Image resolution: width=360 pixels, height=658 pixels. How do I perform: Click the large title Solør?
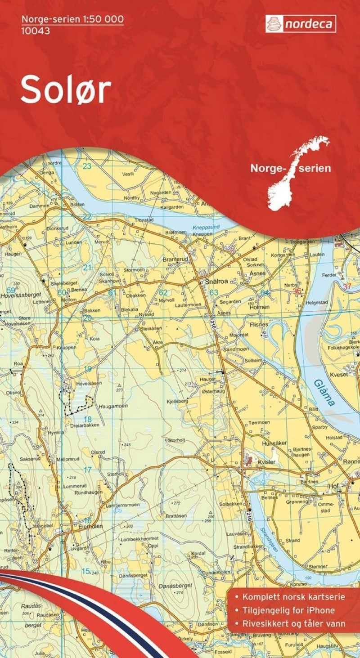66,89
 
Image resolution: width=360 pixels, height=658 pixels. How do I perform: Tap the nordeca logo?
301,24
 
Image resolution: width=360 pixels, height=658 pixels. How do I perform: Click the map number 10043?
36,31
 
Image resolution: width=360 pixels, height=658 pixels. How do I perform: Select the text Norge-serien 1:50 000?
72,19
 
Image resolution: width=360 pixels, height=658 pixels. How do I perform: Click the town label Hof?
333,486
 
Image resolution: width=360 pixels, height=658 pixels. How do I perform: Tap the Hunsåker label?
274,443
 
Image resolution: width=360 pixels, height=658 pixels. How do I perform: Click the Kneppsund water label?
206,227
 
